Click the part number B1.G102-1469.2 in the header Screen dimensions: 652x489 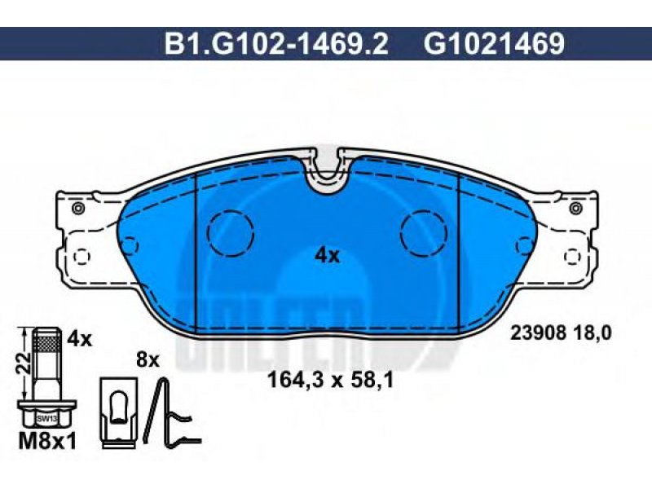pyautogui.click(x=276, y=44)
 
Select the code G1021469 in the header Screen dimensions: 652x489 pyautogui.click(x=494, y=44)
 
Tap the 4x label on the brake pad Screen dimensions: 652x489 pyautogui.click(x=328, y=256)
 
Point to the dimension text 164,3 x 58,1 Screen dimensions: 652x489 pyautogui.click(x=330, y=380)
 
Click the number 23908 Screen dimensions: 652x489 pyautogui.click(x=539, y=333)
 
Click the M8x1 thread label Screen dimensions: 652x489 pyautogui.click(x=48, y=442)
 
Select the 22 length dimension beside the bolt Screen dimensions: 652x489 pyautogui.click(x=24, y=362)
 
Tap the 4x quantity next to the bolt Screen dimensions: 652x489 pyautogui.click(x=79, y=339)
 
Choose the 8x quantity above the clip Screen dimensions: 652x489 pyautogui.click(x=148, y=359)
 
